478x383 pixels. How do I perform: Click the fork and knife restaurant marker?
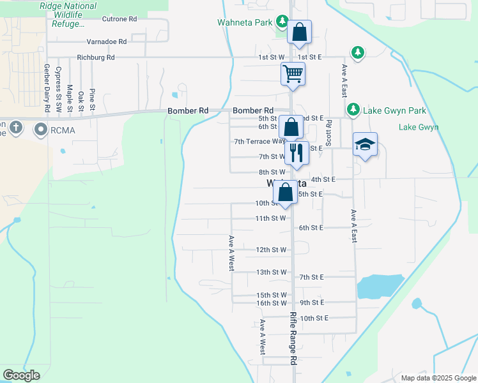click(296, 153)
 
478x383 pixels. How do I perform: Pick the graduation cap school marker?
click(365, 144)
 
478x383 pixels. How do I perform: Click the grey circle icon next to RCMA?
click(41, 131)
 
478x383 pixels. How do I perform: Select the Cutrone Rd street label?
click(119, 19)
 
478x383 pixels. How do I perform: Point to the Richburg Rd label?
click(95, 57)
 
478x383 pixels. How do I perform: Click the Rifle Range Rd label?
click(293, 338)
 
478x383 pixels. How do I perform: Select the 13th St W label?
click(271, 272)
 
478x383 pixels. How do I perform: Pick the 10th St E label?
click(313, 318)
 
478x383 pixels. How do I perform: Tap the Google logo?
click(21, 375)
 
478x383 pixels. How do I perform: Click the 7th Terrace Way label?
click(259, 142)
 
